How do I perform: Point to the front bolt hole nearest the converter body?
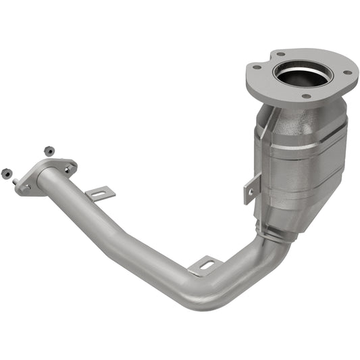(306, 96)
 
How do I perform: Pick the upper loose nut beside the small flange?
(48, 150)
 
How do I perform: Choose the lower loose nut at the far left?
(6, 172)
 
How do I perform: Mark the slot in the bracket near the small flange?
(101, 195)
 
